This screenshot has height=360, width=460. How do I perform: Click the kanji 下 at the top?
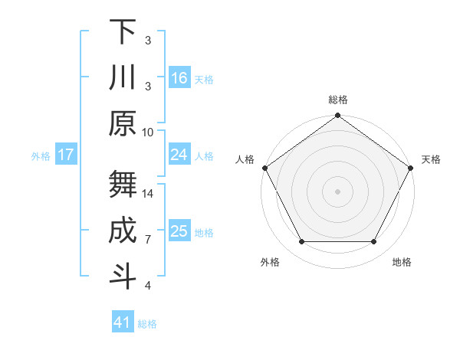[x=123, y=32]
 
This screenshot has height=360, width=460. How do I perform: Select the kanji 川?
[x=123, y=78]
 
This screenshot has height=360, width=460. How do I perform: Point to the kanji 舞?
[x=123, y=184]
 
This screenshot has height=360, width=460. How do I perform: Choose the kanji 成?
[x=123, y=230]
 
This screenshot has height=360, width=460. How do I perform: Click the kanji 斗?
[x=123, y=276]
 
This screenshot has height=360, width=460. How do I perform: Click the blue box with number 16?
[x=179, y=78]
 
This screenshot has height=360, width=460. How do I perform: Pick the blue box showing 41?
[x=123, y=322]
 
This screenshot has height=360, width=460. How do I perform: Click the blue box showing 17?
[x=66, y=155]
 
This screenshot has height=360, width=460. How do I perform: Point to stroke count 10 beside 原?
[x=148, y=131]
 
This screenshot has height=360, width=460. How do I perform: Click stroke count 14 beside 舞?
[x=148, y=194]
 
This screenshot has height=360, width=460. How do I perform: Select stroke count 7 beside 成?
[x=148, y=240]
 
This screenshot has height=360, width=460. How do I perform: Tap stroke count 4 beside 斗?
[x=148, y=286]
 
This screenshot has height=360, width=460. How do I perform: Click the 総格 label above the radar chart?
[x=338, y=100]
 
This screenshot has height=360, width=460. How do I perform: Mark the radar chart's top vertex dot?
[x=338, y=116]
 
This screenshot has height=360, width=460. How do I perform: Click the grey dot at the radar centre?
[x=338, y=191]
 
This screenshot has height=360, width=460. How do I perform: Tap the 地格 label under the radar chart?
[x=402, y=262]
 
